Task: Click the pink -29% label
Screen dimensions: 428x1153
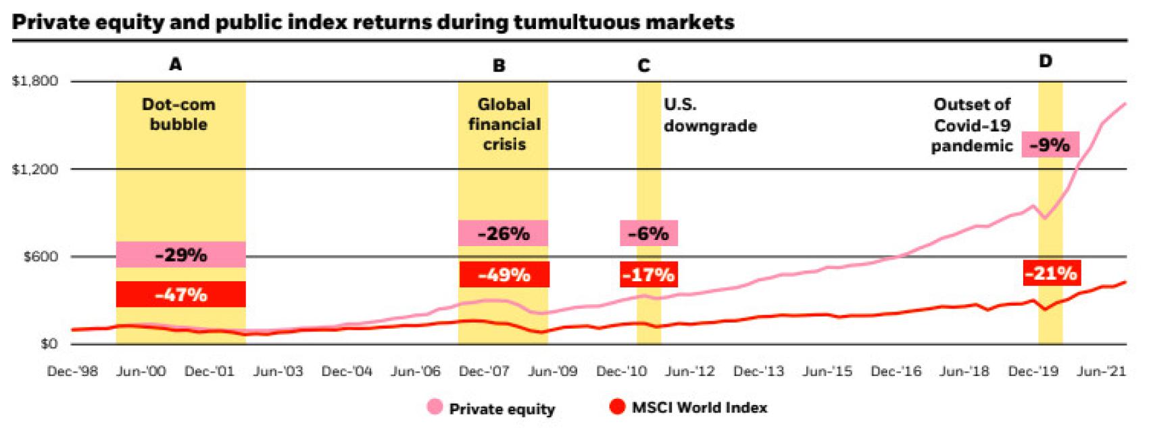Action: click(180, 255)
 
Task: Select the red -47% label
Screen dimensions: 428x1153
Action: click(180, 295)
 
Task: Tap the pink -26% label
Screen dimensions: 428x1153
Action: click(503, 234)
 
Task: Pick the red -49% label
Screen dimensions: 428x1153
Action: click(504, 275)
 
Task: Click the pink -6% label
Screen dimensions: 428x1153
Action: click(648, 234)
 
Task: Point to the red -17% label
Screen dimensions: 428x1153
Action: click(648, 275)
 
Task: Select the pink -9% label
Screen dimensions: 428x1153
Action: click(1050, 145)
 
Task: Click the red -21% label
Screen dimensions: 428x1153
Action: click(1050, 273)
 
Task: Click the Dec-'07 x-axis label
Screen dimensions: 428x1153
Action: click(484, 371)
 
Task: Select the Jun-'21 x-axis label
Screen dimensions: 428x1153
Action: click(1102, 371)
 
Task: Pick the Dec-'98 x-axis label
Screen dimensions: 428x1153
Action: click(72, 371)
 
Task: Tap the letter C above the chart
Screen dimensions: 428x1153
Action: click(643, 66)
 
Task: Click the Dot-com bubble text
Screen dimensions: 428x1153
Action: click(178, 114)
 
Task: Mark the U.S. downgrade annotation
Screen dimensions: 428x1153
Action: click(709, 115)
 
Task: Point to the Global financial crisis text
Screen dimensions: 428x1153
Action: click(504, 124)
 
